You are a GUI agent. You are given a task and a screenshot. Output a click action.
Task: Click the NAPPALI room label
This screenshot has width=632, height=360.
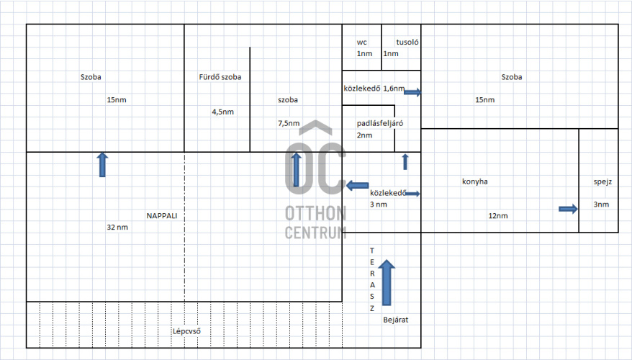[161, 215]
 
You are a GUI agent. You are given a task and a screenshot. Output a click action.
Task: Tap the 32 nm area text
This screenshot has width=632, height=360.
[117, 228]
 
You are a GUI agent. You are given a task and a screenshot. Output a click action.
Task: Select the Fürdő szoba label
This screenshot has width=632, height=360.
[220, 77]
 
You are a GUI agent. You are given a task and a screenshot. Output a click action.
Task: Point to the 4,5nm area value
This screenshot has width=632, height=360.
[222, 112]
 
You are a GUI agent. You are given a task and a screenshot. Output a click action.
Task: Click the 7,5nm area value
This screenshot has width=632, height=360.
[288, 123]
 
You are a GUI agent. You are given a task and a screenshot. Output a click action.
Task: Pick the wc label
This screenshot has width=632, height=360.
[361, 42]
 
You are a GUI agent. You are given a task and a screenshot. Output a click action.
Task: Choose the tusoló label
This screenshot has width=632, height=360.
[407, 42]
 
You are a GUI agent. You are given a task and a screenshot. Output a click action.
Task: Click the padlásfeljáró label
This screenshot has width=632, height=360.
[379, 123]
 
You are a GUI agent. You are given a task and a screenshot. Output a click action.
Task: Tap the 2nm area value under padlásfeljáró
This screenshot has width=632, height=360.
[364, 135]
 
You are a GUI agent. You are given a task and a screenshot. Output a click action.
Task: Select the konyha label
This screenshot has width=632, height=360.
[474, 181]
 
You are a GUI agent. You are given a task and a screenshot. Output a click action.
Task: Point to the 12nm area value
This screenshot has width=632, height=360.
[497, 215]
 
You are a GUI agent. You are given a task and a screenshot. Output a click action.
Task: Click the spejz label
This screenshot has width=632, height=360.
[602, 181]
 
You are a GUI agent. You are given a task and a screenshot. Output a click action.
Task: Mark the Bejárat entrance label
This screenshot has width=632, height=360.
[396, 319]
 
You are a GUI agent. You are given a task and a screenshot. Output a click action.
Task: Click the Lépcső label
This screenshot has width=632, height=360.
[186, 332]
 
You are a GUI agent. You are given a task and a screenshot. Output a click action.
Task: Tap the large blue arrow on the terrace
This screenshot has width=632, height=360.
[387, 282]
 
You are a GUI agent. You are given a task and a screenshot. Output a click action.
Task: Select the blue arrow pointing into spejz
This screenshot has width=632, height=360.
[569, 209]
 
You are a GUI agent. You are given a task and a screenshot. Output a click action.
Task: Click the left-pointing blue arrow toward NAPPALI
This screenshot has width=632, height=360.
[357, 186]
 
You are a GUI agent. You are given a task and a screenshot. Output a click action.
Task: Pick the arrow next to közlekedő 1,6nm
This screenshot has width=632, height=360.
[413, 92]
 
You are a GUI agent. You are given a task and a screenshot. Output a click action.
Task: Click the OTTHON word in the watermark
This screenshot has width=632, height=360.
[315, 214]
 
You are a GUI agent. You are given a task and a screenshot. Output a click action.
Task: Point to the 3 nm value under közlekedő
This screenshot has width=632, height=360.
[379, 204]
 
